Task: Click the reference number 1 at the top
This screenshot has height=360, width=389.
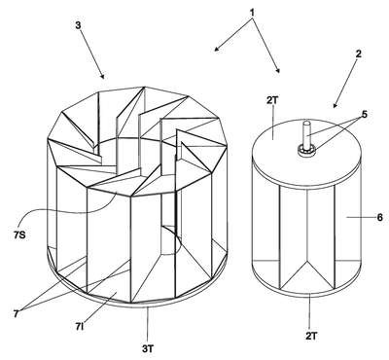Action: pos(253,13)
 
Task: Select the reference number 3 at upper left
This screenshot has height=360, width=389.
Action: pos(78,25)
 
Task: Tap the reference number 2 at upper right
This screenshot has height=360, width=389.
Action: pos(358,54)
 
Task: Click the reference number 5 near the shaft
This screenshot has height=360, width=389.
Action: pos(365,115)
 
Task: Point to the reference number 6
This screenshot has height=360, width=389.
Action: pos(380,217)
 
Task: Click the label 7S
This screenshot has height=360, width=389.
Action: pos(19,234)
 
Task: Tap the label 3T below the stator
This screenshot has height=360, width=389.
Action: pos(148,349)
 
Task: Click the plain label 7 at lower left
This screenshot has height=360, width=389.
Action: pos(16,314)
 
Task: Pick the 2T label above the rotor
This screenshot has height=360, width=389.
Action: pos(272,100)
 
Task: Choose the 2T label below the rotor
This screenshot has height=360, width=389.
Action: pos(311,336)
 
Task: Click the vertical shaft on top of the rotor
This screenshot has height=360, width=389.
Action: pos(306,134)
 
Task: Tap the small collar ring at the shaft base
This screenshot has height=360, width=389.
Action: pos(306,150)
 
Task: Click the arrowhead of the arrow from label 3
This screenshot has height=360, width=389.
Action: pos(102,76)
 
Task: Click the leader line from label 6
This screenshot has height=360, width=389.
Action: pos(360,217)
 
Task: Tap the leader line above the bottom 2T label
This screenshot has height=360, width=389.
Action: pos(310,310)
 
